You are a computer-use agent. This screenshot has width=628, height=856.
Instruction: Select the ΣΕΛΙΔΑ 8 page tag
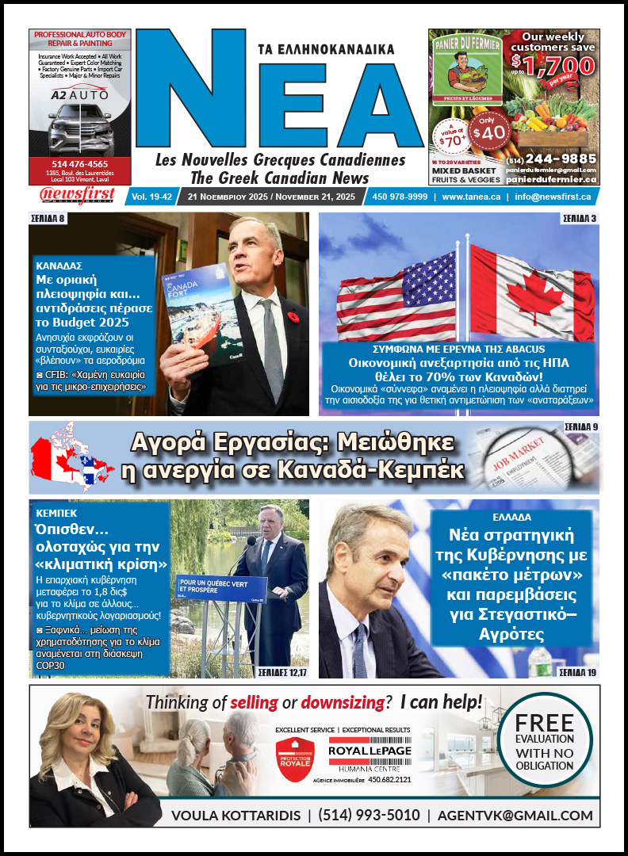coord(49,218)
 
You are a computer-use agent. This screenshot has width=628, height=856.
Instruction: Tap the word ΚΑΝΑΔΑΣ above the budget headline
coord(59,266)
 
